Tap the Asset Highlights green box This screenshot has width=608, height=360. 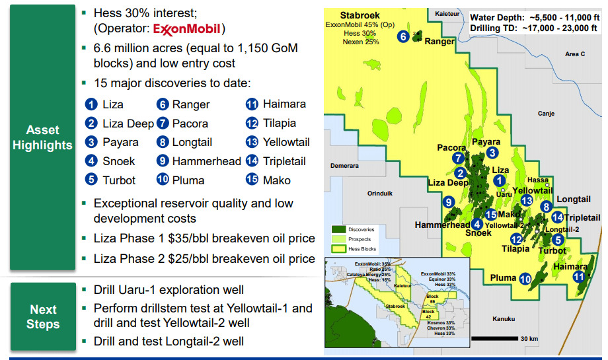(42, 137)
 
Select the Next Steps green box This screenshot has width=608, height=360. (42, 316)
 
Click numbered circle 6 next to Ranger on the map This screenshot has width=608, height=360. (403, 36)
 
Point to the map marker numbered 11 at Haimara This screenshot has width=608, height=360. (579, 277)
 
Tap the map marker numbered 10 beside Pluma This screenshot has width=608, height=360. (525, 279)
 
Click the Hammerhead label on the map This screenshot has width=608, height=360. (442, 225)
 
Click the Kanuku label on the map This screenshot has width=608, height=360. (504, 319)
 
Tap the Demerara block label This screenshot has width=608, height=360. (344, 166)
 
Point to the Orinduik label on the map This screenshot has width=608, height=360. (380, 193)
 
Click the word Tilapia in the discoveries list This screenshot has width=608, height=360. (279, 123)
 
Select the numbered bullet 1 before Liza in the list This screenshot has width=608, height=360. (91, 104)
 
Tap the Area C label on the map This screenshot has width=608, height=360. (575, 54)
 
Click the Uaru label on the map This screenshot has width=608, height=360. (504, 194)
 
